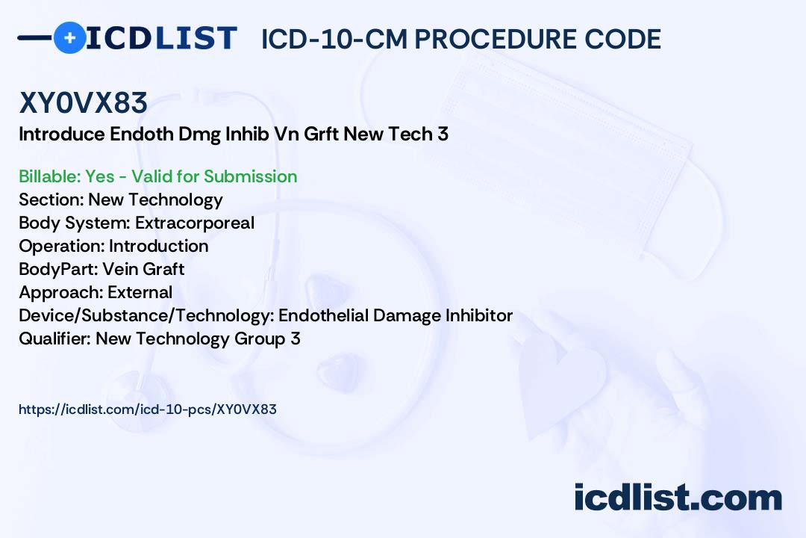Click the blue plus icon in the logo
point(69,37)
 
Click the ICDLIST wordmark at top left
point(161,38)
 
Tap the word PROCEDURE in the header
point(495,39)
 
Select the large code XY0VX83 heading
point(84,102)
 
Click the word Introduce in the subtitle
point(62,134)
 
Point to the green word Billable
point(49,176)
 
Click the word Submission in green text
point(250,176)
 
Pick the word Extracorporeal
point(194,223)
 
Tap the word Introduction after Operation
point(159,246)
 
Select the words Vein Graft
point(143,269)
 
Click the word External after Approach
point(140,292)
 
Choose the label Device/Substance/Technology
point(146,315)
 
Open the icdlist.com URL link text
point(148,409)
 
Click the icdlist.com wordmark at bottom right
point(678,497)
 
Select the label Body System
point(75,223)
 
